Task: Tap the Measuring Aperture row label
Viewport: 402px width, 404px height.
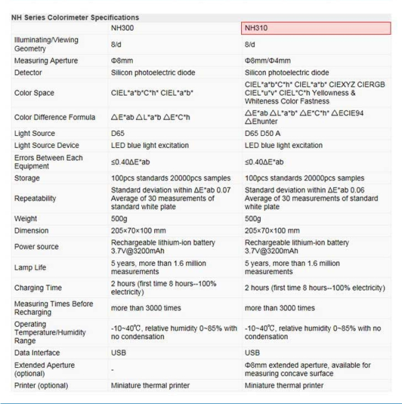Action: coord(41,61)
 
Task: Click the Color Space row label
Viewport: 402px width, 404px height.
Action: coord(33,93)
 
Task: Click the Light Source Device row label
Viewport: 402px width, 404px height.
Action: coord(44,145)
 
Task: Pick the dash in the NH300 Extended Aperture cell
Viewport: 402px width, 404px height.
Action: coord(112,368)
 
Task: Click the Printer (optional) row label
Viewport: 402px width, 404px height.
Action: coord(42,385)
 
